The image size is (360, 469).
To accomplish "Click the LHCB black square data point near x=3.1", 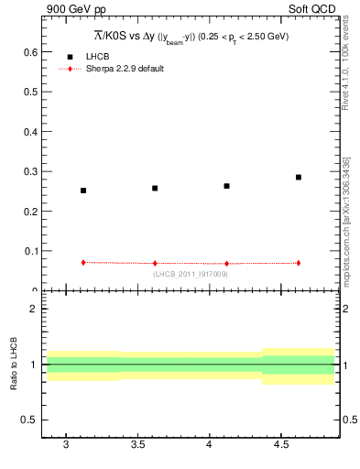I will pos(83,191).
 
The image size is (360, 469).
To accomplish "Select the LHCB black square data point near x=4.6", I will pos(299,177).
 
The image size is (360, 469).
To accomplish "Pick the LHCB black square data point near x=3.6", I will pos(155,188).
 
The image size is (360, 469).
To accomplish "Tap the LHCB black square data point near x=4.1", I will pos(226,186).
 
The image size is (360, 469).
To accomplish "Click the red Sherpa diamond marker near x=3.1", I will pos(83,262).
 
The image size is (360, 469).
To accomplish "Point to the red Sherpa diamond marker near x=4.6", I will pos(299,263).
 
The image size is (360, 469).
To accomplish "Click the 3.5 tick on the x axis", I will pos(138,446).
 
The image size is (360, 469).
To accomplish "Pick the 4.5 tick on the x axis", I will pos(281,446).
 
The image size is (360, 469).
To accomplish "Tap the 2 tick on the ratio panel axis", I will pos(33,309).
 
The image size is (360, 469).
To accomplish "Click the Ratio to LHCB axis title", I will pos(14,364).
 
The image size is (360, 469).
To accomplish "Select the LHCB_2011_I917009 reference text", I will pos(191,274).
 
